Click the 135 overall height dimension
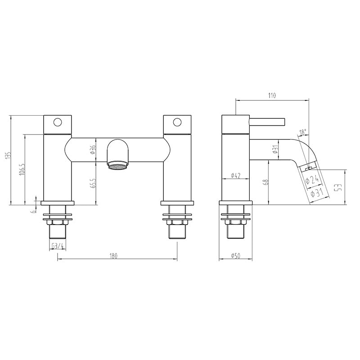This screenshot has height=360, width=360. (7, 155)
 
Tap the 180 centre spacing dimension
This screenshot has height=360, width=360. (113, 256)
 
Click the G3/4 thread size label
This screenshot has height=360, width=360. (57, 246)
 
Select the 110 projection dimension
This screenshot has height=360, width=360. (272, 95)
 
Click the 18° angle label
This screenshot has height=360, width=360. (303, 132)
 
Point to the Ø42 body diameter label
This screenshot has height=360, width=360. (236, 176)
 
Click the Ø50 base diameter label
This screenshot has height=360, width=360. (236, 256)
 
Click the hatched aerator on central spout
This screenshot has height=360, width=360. (118, 166)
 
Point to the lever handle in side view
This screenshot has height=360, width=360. (267, 121)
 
